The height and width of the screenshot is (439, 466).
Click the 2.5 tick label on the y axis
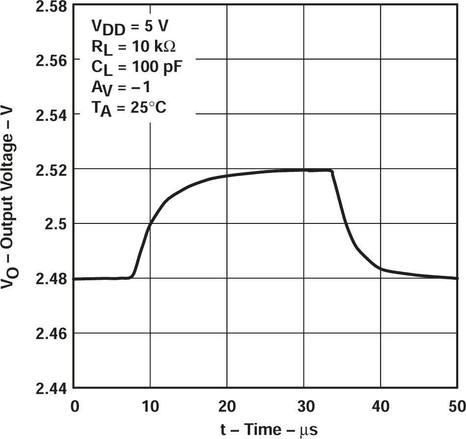click(55, 224)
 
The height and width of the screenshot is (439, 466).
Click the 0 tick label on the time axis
click(74, 406)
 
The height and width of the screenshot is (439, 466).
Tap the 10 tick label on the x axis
click(151, 406)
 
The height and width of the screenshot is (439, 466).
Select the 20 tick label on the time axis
click(227, 406)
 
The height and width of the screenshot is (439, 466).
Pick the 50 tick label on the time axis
click(456, 406)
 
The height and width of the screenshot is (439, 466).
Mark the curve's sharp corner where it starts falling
click(333, 171)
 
